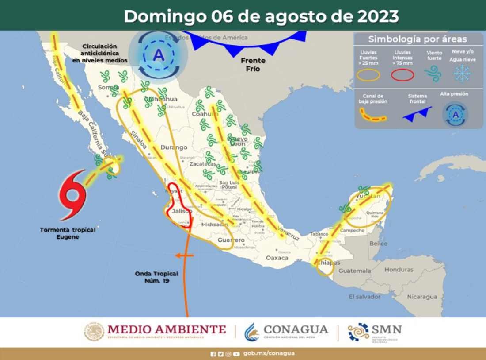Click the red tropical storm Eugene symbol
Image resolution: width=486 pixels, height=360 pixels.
pyautogui.click(x=72, y=194)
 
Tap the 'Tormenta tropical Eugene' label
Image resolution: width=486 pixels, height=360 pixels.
pyautogui.click(x=68, y=233)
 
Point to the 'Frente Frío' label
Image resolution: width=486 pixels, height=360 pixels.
pyautogui.click(x=253, y=65)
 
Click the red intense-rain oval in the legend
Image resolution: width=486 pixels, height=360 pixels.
pyautogui.click(x=402, y=75)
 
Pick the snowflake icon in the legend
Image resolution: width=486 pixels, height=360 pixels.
pyautogui.click(x=462, y=74)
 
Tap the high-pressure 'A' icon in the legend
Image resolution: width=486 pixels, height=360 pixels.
pyautogui.click(x=455, y=114)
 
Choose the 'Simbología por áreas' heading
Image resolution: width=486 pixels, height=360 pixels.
pyautogui.click(x=418, y=39)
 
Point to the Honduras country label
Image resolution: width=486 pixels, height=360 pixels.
pyautogui.click(x=399, y=270)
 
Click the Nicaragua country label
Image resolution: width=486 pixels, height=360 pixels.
pyautogui.click(x=422, y=297)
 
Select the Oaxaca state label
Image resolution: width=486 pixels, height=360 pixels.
pyautogui.click(x=277, y=258)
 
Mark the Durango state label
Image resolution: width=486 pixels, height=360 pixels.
pyautogui.click(x=174, y=147)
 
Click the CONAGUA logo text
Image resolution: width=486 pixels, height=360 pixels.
pyautogui.click(x=296, y=330)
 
